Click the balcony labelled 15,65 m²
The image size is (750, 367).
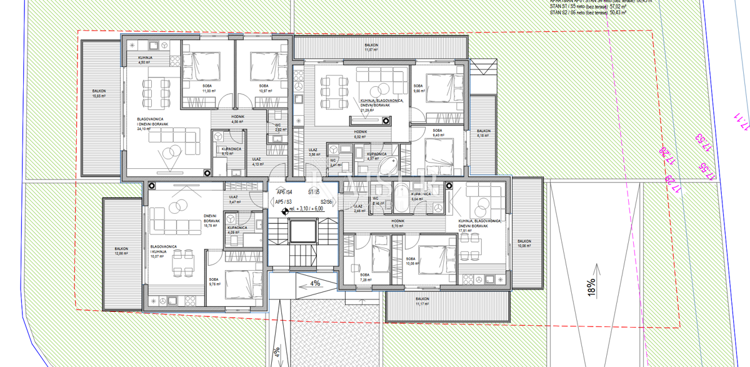[99, 94]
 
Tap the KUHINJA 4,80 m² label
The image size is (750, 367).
[145, 60]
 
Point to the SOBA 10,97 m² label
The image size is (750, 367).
[263, 88]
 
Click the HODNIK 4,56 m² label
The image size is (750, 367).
[237, 119]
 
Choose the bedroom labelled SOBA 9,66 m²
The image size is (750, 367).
[419, 88]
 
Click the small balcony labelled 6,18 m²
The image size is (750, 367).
[484, 133]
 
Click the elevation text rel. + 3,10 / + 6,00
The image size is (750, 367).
[306, 209]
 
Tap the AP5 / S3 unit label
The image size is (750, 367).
[284, 202]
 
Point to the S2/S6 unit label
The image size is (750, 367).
[326, 202]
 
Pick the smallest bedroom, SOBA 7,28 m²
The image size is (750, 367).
[364, 277]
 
